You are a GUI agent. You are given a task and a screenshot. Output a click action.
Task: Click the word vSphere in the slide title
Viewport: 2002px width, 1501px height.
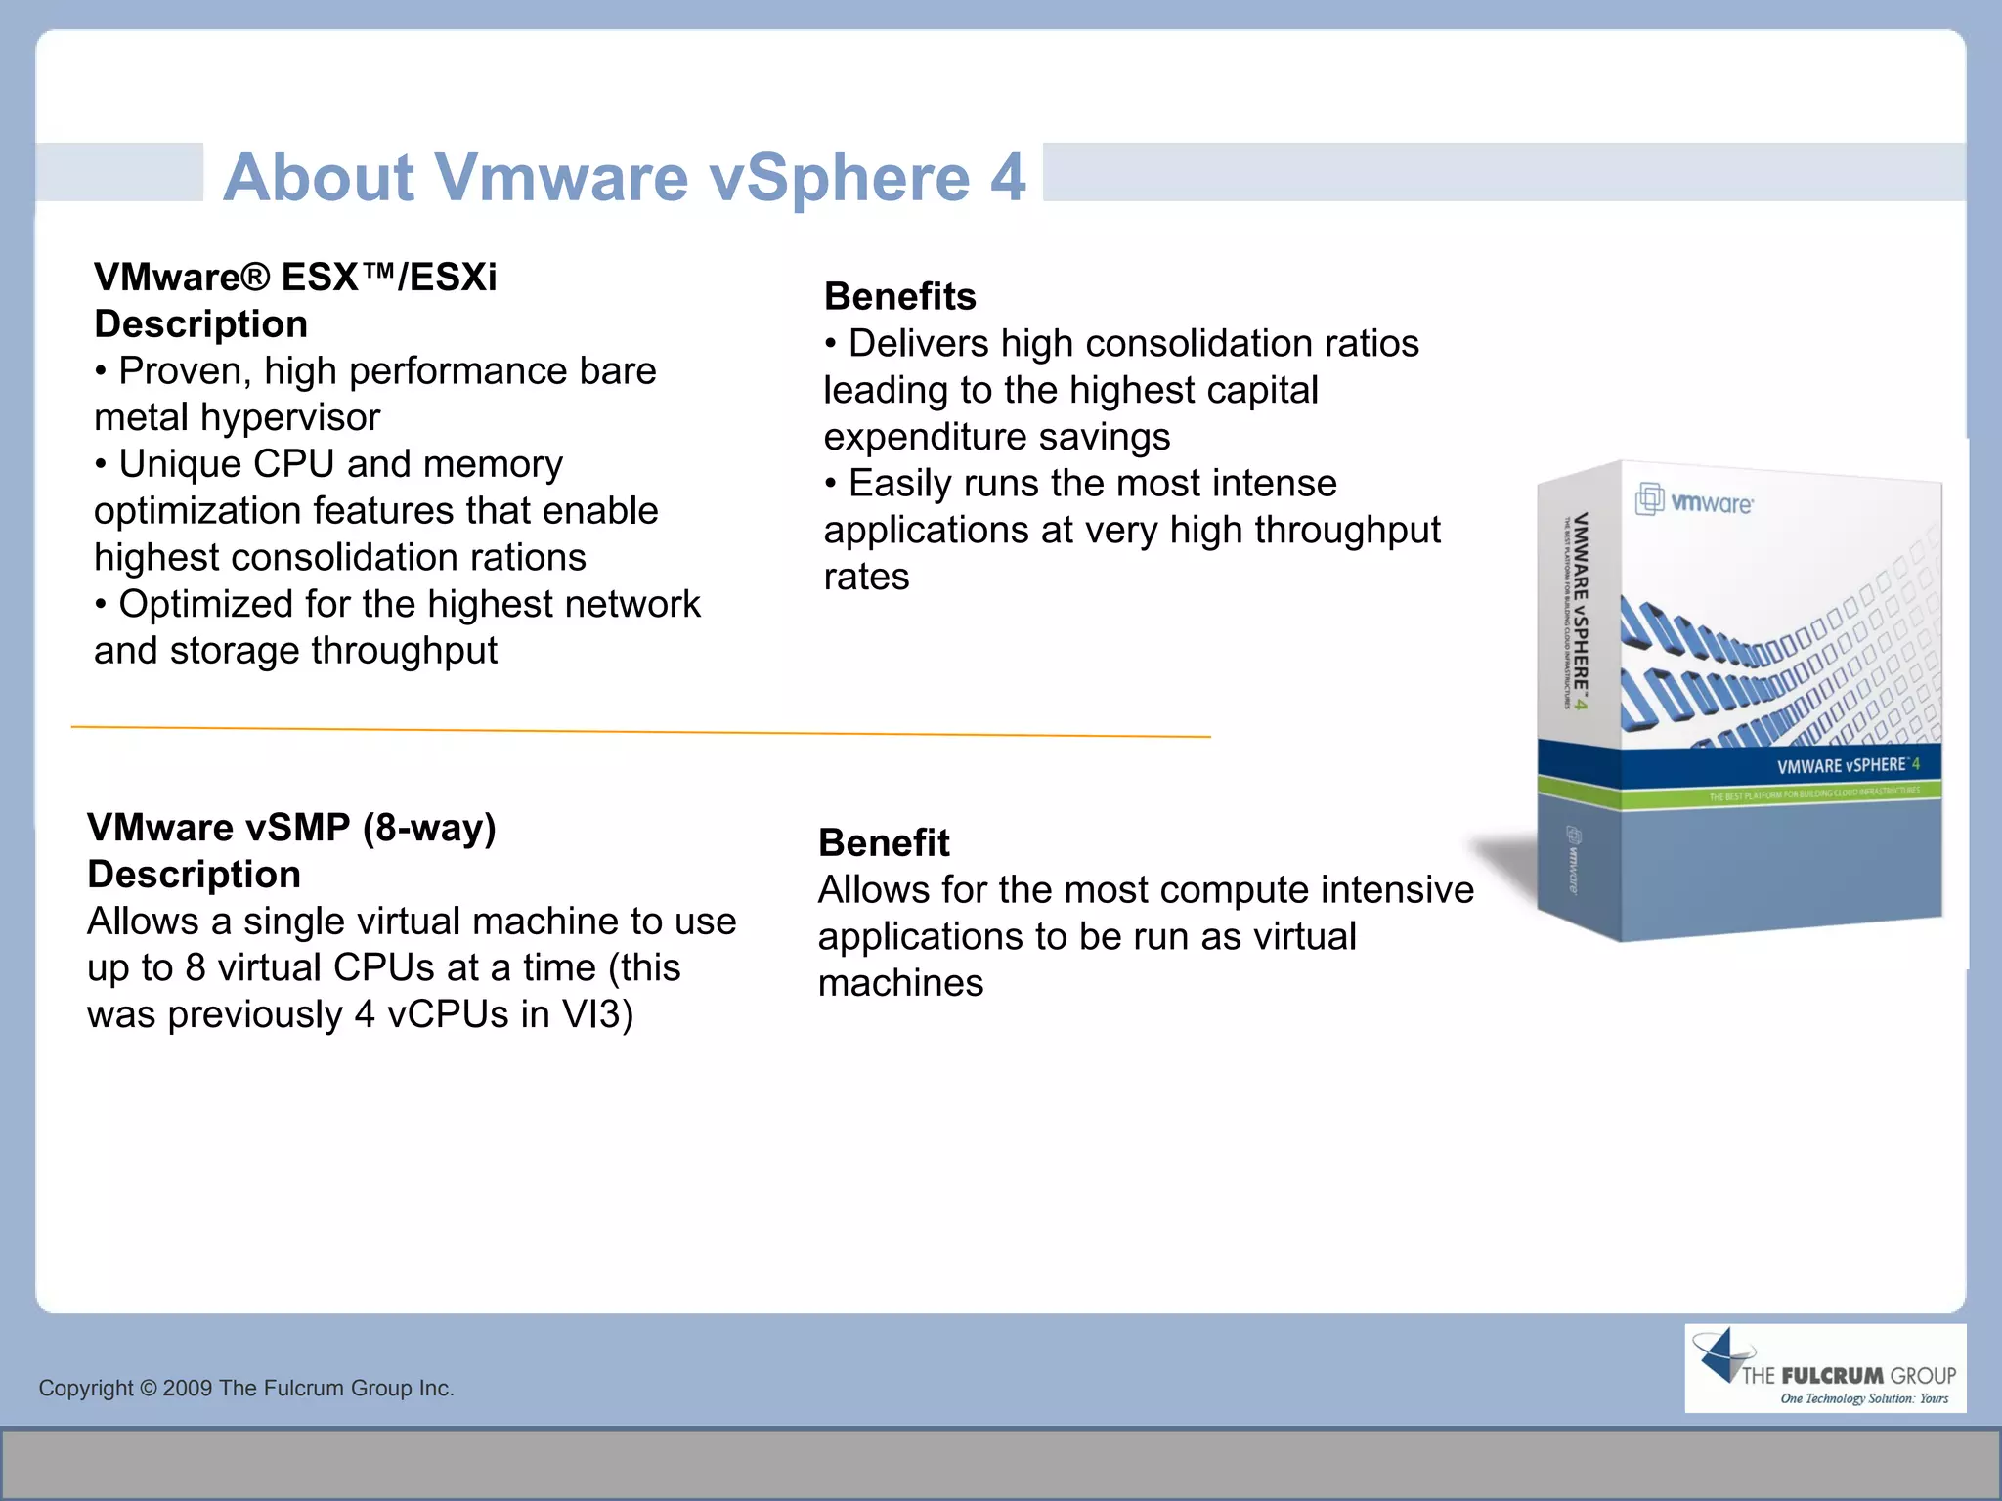coord(839,178)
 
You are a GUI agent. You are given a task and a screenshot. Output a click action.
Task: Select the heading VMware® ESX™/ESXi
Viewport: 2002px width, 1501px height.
coord(295,278)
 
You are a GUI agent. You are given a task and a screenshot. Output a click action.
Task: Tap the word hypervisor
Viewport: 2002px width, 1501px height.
coord(290,418)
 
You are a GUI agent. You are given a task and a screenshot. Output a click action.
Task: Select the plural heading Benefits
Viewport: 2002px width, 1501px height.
coord(899,297)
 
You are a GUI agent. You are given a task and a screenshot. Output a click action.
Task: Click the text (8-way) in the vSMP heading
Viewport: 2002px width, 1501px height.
coord(429,828)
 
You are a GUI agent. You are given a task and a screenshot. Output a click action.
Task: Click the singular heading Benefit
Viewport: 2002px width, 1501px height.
coord(884,843)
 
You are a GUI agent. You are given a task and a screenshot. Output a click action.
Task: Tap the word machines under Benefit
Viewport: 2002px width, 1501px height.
coord(900,983)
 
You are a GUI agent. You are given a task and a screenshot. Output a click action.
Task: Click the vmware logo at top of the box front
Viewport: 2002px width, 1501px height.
coord(1695,501)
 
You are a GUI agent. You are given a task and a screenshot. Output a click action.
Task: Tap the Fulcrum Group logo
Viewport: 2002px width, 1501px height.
coord(1824,1368)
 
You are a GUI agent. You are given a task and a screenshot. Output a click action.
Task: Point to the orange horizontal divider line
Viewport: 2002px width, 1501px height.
coord(640,731)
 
